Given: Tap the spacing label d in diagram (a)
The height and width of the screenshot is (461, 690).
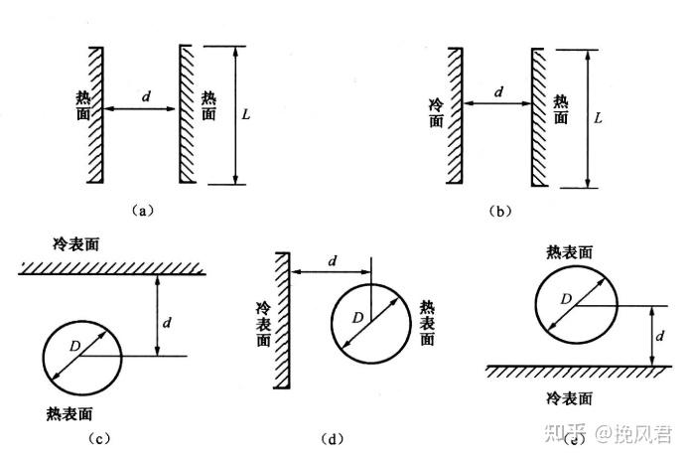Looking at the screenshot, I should point(147,97).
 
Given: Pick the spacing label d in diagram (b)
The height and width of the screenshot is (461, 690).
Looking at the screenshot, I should point(498,92).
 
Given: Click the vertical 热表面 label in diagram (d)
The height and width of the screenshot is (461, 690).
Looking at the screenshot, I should point(428,323).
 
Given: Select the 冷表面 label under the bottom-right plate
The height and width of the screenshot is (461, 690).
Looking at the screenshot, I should point(571,397).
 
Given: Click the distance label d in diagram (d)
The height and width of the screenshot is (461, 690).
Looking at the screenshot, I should point(332,261).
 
